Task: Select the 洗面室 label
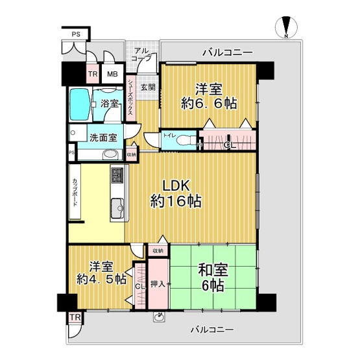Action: [x=103, y=138]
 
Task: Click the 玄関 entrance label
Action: [x=148, y=87]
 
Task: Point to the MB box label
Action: [x=112, y=75]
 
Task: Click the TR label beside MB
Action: [x=93, y=75]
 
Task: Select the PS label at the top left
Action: [x=77, y=34]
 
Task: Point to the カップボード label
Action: [x=75, y=192]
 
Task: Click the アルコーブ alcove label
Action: [x=141, y=54]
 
